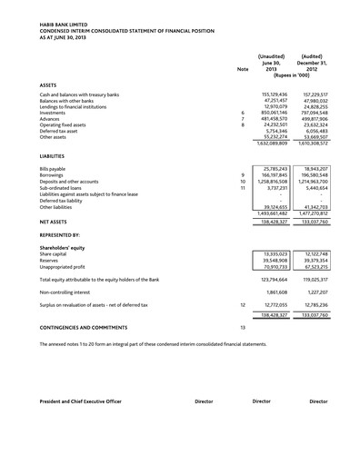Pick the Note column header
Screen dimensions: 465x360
click(242, 69)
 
